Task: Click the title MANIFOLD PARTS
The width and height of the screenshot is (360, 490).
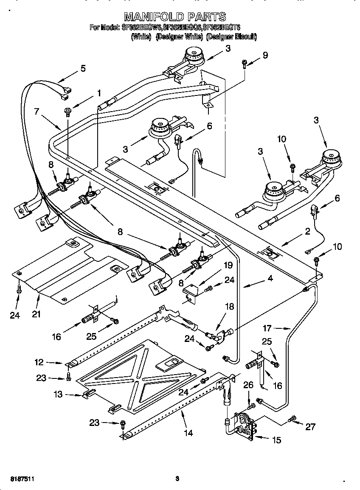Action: [x=175, y=17]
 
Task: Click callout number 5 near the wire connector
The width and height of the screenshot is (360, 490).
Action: [x=83, y=68]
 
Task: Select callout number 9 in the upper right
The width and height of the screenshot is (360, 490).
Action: [x=265, y=55]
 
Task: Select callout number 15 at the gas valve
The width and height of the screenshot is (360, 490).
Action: [x=276, y=440]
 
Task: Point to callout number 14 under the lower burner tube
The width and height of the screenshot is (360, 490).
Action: [x=188, y=433]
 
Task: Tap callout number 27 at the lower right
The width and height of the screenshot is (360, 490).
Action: [x=310, y=426]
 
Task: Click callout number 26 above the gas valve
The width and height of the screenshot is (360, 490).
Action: [x=248, y=385]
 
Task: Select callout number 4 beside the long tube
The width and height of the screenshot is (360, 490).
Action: [x=270, y=279]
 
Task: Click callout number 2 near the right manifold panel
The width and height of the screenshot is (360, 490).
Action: [x=307, y=232]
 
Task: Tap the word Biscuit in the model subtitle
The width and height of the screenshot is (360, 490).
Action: [x=246, y=37]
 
